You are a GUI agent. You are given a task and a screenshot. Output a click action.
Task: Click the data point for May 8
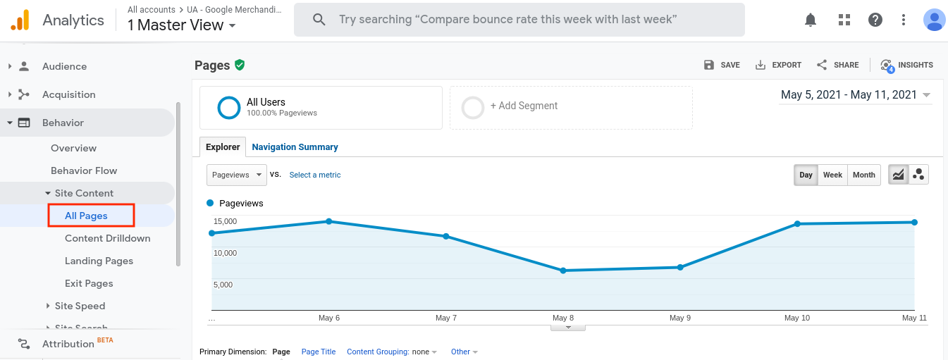[563, 271]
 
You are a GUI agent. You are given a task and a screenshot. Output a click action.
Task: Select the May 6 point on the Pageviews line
[329, 221]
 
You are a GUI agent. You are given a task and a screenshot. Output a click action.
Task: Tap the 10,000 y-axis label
[225, 253]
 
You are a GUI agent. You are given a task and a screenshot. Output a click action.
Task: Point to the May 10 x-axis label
[797, 318]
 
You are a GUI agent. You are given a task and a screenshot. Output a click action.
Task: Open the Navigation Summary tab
[295, 147]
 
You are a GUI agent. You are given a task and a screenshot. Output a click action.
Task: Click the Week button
[832, 175]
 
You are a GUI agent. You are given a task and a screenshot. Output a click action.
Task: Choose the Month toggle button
[864, 175]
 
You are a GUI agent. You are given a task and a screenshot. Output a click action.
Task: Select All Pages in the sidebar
[86, 216]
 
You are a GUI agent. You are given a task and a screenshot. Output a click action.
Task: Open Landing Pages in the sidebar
[99, 261]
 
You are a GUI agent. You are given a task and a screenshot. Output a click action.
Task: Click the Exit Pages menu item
[89, 283]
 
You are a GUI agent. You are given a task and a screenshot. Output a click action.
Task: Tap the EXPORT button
[778, 65]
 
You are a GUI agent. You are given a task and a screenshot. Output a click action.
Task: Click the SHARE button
[837, 65]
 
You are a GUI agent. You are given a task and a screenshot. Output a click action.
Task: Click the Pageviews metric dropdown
[237, 175]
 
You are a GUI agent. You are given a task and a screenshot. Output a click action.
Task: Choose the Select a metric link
[315, 175]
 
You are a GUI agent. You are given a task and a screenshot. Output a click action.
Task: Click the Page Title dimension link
[319, 352]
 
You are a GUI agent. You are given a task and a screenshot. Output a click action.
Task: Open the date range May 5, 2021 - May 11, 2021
[855, 95]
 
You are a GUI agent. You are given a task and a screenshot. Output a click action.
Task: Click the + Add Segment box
[571, 108]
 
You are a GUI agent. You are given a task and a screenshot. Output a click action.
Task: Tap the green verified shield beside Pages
[240, 65]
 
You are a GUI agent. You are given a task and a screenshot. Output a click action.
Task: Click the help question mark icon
[875, 20]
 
